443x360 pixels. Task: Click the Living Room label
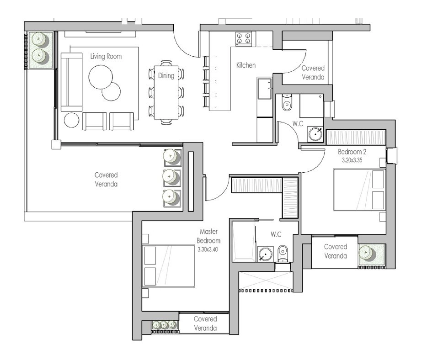106,57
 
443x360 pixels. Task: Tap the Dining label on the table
166,76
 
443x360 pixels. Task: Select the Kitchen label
246,65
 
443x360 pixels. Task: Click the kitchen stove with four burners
243,39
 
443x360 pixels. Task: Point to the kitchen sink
265,89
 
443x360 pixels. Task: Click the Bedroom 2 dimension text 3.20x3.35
352,160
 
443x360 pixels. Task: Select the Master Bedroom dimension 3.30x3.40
208,249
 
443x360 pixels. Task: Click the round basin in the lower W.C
265,254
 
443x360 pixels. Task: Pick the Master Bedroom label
208,236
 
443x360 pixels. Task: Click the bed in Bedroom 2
359,190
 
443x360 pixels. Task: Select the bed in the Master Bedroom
169,266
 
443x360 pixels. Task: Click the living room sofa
71,82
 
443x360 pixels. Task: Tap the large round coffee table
101,77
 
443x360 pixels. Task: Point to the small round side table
71,120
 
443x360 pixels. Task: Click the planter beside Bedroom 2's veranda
371,254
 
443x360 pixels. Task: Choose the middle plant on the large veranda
172,177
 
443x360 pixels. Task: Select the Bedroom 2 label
352,152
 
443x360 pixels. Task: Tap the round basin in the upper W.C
315,133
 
